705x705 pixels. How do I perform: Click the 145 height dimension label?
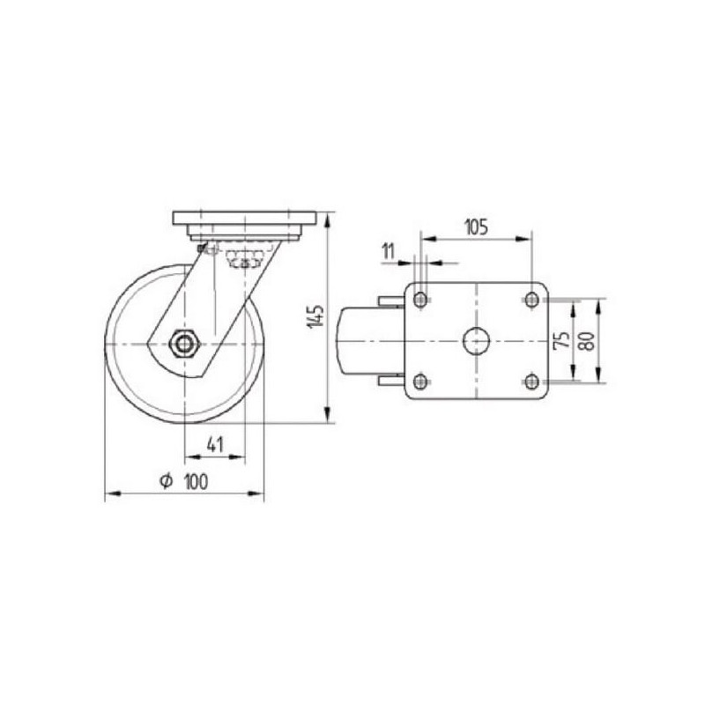[x=317, y=317]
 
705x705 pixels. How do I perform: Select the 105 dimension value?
[x=476, y=227]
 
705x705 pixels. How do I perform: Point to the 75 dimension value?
[x=562, y=340]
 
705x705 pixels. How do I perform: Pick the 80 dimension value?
[x=587, y=341]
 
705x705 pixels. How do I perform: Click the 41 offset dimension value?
[x=215, y=444]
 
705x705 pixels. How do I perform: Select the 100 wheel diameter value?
[x=197, y=482]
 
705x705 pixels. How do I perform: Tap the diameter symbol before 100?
[x=166, y=481]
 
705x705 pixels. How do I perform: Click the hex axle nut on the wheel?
[x=182, y=344]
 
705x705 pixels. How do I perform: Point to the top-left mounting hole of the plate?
[x=420, y=299]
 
